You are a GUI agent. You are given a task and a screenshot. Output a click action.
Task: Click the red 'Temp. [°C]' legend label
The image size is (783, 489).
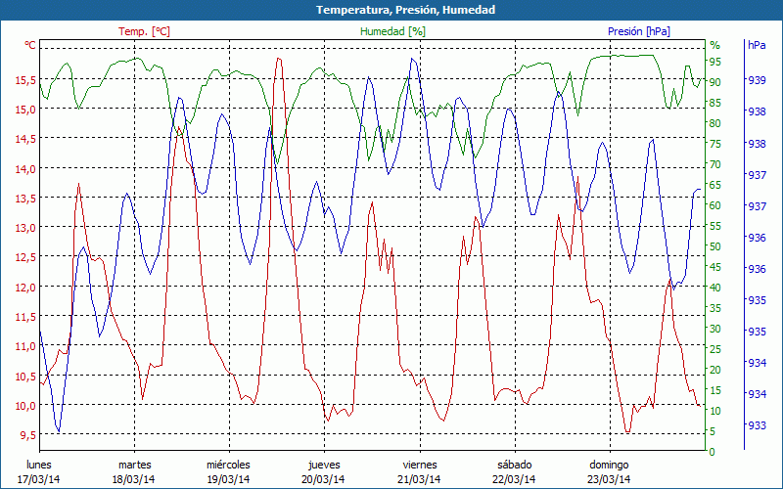coord(144,31)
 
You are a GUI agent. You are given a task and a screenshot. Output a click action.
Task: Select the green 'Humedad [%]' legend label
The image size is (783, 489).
coord(392,31)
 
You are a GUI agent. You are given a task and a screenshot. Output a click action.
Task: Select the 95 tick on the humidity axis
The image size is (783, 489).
coord(715,63)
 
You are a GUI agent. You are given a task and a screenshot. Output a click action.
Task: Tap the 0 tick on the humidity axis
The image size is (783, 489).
coord(713,452)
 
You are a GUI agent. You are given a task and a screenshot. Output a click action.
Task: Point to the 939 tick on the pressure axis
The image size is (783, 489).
coord(757,81)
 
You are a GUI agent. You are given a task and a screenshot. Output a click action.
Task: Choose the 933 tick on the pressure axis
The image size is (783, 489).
coord(757,425)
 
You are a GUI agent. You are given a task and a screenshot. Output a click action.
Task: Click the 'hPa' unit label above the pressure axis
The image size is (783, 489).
coord(757,45)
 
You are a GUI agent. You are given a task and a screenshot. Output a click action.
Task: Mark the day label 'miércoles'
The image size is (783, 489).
coord(228,465)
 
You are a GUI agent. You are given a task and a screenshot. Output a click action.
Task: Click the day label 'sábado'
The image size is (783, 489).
coord(514,465)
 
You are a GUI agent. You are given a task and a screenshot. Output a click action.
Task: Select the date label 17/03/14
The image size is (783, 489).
coord(38,479)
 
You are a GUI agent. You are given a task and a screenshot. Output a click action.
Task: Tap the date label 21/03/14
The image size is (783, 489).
coord(419,479)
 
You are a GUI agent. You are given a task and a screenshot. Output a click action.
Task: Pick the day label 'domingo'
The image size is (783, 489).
coord(609,465)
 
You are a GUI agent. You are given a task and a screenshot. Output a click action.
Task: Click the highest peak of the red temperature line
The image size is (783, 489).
coord(280,59)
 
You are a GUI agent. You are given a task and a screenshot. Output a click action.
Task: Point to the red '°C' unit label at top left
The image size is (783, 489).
coord(30,45)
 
